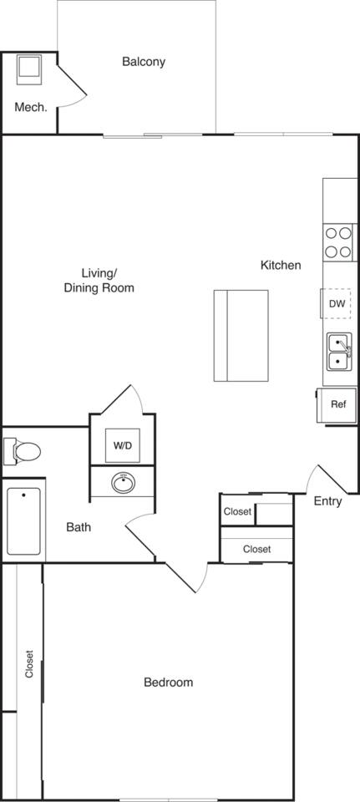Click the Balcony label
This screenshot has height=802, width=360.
pyautogui.click(x=144, y=62)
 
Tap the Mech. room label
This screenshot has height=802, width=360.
pyautogui.click(x=30, y=107)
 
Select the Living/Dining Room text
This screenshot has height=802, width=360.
pyautogui.click(x=99, y=281)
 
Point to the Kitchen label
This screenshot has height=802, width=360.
pyautogui.click(x=281, y=266)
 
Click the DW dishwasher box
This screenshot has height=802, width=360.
pyautogui.click(x=337, y=304)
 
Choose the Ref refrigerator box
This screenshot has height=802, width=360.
pyautogui.click(x=338, y=405)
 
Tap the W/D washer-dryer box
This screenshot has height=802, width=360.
pyautogui.click(x=123, y=445)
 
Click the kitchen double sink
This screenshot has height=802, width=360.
pyautogui.click(x=338, y=352)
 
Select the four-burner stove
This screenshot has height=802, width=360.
pyautogui.click(x=338, y=241)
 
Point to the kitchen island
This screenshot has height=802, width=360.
pyautogui.click(x=241, y=335)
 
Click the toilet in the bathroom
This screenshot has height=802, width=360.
pyautogui.click(x=23, y=452)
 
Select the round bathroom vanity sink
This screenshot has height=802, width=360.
pyautogui.click(x=124, y=482)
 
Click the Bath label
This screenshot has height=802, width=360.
pyautogui.click(x=79, y=527)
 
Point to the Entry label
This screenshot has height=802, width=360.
pyautogui.click(x=327, y=502)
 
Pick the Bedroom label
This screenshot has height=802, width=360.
pyautogui.click(x=168, y=683)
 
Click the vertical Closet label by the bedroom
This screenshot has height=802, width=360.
pyautogui.click(x=29, y=663)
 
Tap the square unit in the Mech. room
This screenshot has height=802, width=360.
pyautogui.click(x=29, y=69)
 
